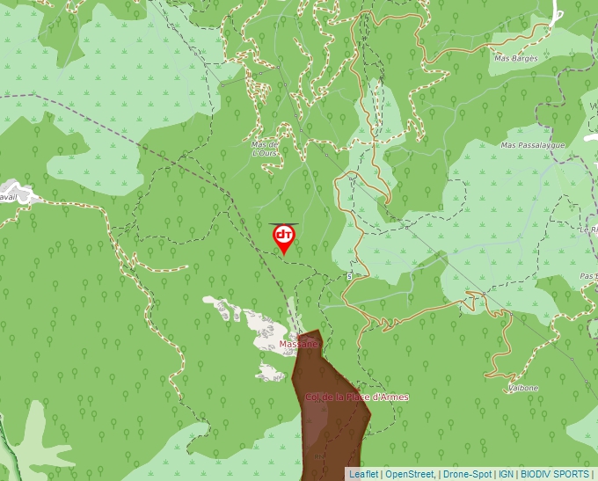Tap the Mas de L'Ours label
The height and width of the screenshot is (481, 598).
[265, 149]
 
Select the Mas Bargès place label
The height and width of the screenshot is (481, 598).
[515, 59]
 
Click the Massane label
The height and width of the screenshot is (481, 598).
[298, 344]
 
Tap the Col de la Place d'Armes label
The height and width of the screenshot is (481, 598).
[356, 397]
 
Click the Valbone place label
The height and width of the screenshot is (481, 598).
[523, 388]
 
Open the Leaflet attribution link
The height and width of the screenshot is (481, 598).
[364, 474]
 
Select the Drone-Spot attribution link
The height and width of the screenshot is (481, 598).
[467, 474]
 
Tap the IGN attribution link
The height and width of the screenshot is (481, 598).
[506, 474]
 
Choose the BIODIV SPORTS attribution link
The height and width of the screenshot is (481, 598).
[555, 474]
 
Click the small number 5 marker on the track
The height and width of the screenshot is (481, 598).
[349, 276]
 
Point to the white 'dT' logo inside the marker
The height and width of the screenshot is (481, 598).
[284, 235]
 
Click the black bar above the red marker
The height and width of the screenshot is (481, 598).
[284, 223]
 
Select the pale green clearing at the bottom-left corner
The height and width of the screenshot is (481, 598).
[31, 440]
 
